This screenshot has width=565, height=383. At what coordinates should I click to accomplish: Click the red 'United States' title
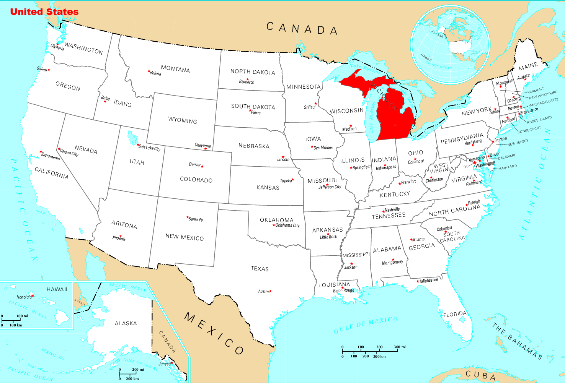tap(44, 12)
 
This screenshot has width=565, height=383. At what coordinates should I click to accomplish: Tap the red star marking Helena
tap(149, 71)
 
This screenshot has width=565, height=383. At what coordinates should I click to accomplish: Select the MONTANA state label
tap(175, 69)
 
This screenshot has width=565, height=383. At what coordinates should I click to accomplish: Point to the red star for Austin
tap(271, 291)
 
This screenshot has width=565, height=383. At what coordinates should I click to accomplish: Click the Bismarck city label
tap(247, 82)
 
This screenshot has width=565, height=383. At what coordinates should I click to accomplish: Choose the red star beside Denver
tap(202, 166)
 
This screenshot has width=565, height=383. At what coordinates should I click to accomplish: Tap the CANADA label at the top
tap(302, 29)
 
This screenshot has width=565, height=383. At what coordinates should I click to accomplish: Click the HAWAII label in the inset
tap(57, 289)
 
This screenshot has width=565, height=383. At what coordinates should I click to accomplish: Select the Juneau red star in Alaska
tap(172, 362)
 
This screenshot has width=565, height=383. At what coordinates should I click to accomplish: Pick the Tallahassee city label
tap(429, 281)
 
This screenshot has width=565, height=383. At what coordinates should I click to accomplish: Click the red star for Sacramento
tap(41, 152)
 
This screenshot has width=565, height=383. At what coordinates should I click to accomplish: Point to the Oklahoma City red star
tap(274, 225)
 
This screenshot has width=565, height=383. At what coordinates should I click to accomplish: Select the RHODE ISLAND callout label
tap(539, 120)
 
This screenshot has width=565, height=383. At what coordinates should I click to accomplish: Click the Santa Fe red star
tap(187, 217)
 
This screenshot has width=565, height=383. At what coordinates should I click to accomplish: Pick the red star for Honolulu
tap(33, 295)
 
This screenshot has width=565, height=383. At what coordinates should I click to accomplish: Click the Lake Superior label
tap(366, 69)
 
